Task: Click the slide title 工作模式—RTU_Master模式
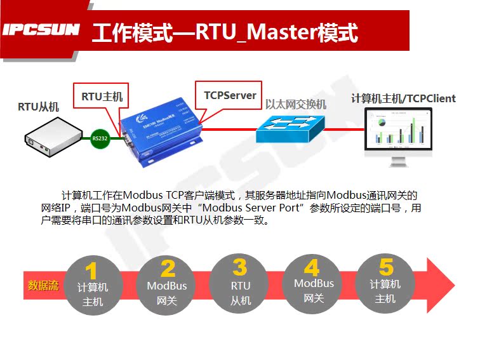point(225,32)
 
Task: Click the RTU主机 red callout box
point(101,97)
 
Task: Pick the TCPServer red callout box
point(229,95)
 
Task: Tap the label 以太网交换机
point(295,104)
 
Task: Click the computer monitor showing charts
point(399,133)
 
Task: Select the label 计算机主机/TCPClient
point(403,98)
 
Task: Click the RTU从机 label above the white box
point(38,107)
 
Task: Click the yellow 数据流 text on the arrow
point(43,285)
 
